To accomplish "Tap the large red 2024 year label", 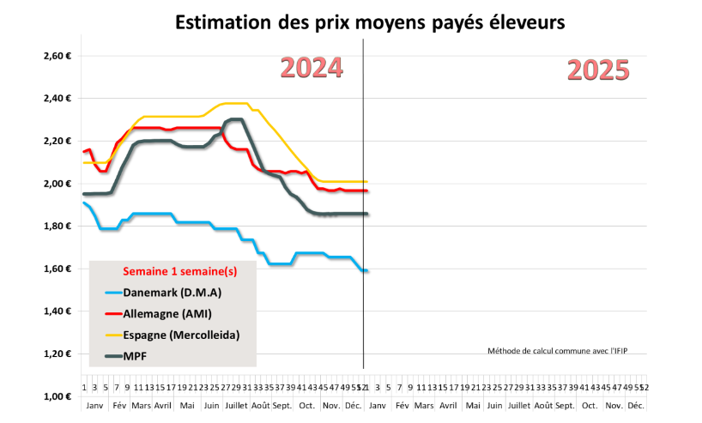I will tap(312, 69).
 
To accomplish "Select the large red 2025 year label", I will tap(598, 70).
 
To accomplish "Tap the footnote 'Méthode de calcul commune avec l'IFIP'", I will tap(562, 350).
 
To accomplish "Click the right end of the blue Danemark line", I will tap(366, 271).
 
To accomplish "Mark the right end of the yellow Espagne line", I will tap(366, 181).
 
